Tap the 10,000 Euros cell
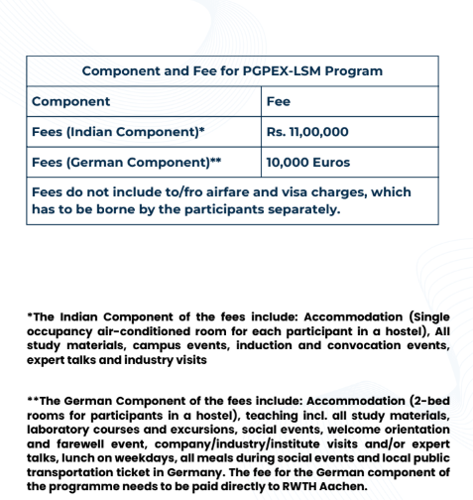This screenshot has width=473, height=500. [x=307, y=162]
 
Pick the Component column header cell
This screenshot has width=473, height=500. [x=71, y=101]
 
